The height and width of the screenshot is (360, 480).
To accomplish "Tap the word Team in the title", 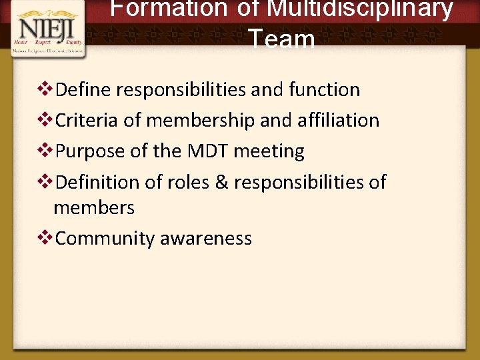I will coord(282,39).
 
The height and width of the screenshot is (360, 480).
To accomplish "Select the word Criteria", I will coord(87,120).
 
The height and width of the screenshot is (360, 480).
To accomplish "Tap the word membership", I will coord(201,120).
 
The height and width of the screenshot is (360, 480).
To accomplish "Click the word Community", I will coord(105,239).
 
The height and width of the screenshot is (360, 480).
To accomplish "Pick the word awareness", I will coord(206,239).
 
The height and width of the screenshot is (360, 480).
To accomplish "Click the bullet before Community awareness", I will coord(47,238).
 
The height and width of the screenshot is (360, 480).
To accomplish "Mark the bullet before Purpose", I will coord(47,150).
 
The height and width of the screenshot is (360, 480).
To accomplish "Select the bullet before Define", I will coord(47,89).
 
